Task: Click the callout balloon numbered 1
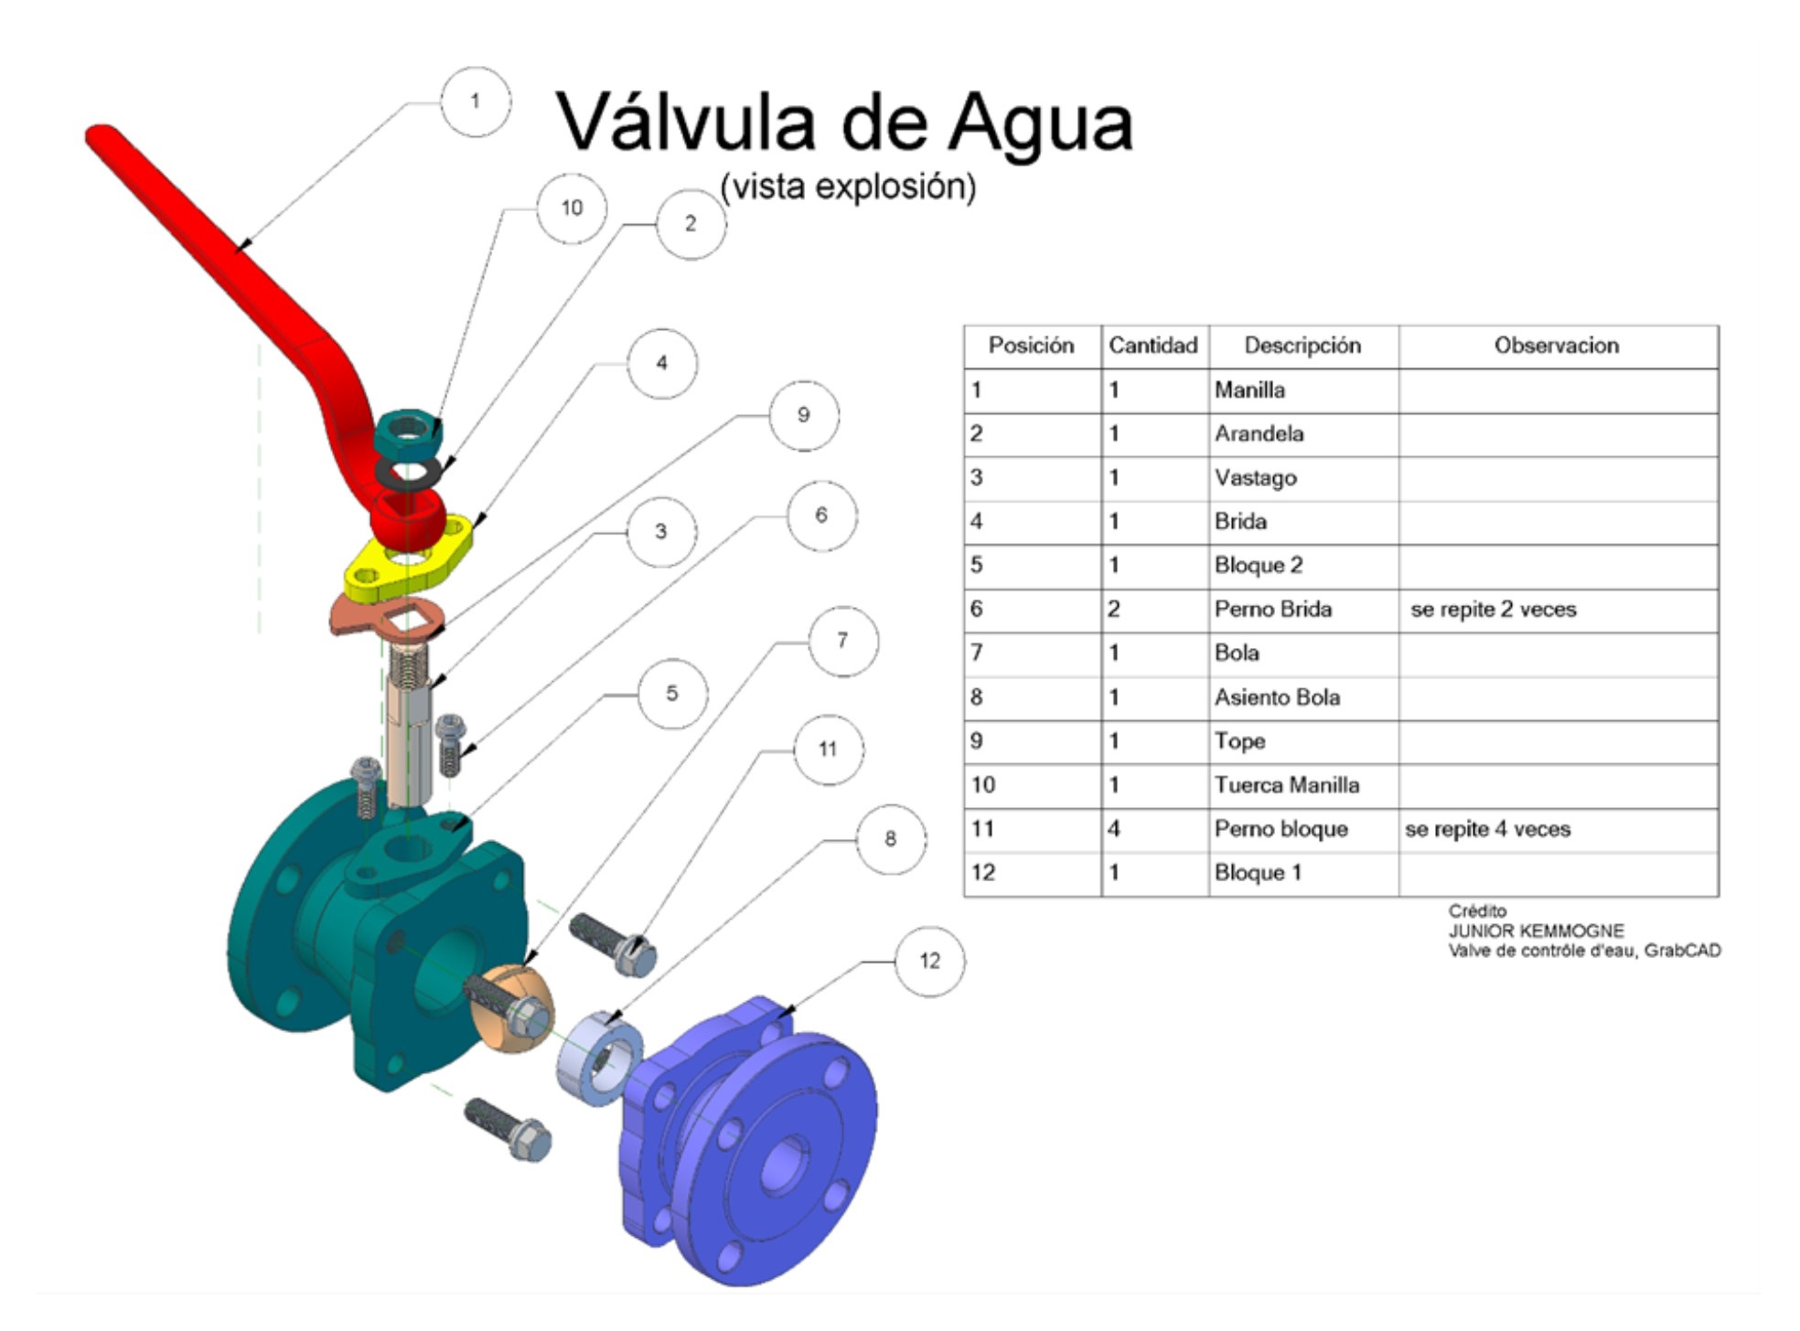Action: coord(475,101)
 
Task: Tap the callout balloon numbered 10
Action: coord(572,208)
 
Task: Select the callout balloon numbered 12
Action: coord(929,961)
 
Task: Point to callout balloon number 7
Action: coord(842,641)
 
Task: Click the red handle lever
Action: coord(229,247)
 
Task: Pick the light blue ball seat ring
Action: coord(600,1060)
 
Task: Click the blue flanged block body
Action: coord(759,1143)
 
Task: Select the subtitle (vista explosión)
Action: coord(848,187)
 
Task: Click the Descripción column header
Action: coord(1302,346)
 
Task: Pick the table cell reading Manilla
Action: coord(1249,390)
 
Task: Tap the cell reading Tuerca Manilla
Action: coord(1286,785)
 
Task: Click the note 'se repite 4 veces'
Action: coord(1487,829)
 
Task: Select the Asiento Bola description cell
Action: coord(1277,697)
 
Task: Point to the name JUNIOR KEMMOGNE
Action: coord(1536,931)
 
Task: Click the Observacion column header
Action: coord(1556,346)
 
